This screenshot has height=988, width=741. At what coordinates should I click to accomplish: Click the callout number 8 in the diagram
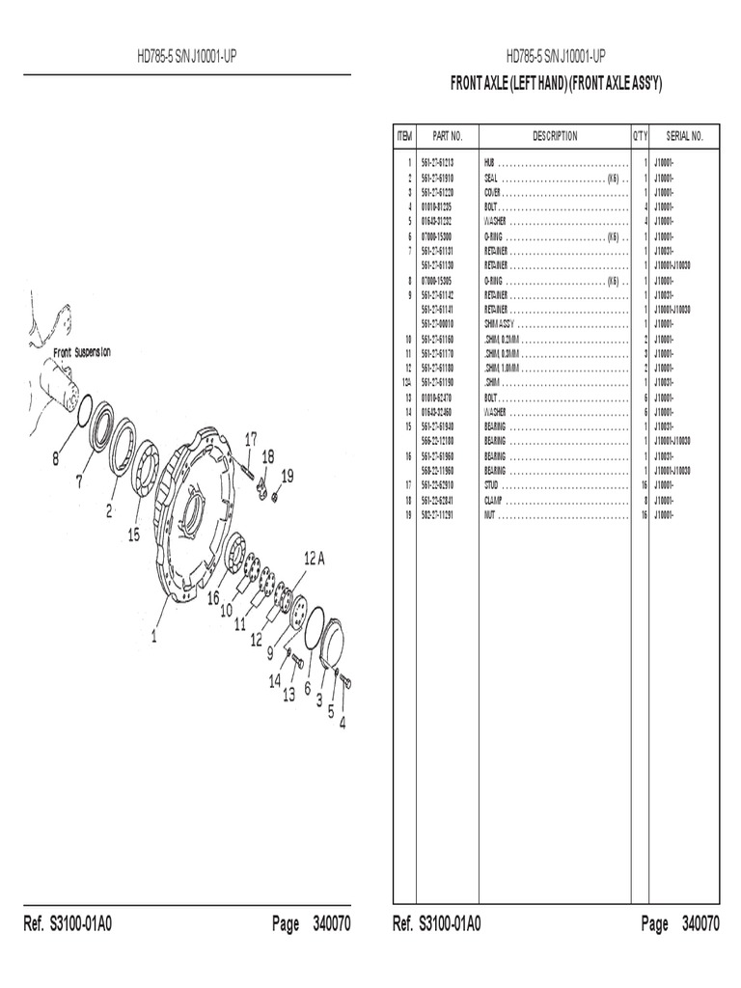[x=56, y=459]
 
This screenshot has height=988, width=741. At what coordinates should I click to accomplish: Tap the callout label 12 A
[x=316, y=559]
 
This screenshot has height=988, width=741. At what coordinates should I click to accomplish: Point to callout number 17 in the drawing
[x=251, y=439]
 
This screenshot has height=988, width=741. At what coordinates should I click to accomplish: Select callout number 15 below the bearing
[x=134, y=533]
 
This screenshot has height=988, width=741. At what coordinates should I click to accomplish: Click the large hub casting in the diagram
[x=193, y=521]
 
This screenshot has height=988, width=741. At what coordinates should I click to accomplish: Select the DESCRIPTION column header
[x=555, y=136]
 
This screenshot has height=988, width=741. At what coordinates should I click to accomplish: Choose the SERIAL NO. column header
[x=685, y=136]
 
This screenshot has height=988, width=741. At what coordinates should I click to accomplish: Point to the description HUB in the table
[x=490, y=164]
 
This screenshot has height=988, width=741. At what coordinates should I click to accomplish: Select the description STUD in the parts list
[x=493, y=485]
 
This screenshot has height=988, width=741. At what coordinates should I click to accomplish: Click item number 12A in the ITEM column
[x=407, y=383]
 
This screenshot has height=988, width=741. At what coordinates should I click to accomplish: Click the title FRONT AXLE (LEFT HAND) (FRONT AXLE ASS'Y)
[x=557, y=84]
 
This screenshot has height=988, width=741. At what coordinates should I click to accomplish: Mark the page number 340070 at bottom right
[x=700, y=924]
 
